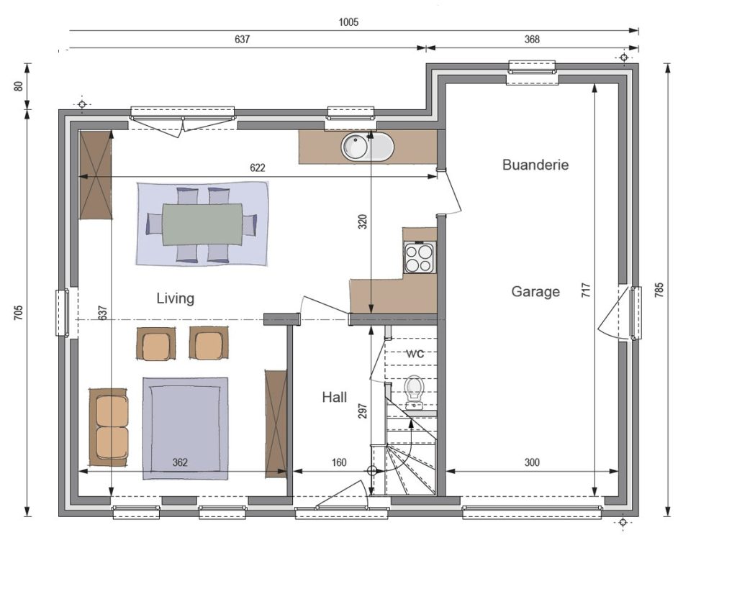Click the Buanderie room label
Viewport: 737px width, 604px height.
tap(535, 165)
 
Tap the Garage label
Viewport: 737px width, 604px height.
tap(535, 292)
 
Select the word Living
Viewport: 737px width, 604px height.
tap(176, 298)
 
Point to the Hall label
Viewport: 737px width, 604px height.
tap(335, 398)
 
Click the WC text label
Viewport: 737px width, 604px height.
tap(415, 354)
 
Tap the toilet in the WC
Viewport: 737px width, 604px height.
tap(415, 390)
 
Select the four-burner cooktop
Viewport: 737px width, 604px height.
tap(419, 258)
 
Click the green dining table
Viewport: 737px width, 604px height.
tap(202, 224)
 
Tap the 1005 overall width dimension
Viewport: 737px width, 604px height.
tap(349, 22)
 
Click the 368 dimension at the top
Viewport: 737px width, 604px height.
tap(532, 40)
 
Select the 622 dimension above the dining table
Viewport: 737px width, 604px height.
tap(258, 168)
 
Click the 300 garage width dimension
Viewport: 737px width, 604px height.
tap(532, 462)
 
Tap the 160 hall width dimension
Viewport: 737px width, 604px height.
tap(339, 462)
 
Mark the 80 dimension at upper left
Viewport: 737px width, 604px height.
tap(19, 86)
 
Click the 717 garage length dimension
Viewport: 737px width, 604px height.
tap(586, 290)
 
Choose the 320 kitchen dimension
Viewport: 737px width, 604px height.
tap(363, 221)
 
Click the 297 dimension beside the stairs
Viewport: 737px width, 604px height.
tap(363, 411)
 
